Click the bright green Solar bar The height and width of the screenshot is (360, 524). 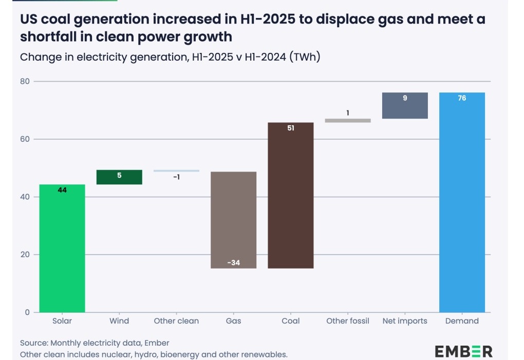point(62,248)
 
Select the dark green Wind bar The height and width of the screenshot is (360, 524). point(119,177)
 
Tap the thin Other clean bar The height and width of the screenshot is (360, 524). point(176,171)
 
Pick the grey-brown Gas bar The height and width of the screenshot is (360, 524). point(234,220)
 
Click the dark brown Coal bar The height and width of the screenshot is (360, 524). point(291,195)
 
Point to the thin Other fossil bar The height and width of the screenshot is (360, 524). point(348,121)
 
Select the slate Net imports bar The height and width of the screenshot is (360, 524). point(405,105)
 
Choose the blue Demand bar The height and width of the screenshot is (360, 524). point(462,202)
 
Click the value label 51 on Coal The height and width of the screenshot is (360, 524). point(291,128)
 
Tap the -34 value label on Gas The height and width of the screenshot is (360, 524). point(234,263)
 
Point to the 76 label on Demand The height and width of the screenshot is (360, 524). point(462,98)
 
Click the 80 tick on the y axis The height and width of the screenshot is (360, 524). point(25,81)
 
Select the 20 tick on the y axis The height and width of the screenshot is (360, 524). point(25,255)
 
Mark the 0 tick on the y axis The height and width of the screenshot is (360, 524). point(27,312)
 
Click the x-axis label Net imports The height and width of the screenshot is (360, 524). point(405,321)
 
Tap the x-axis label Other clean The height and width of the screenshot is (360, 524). point(176,321)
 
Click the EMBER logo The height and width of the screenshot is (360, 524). point(463,352)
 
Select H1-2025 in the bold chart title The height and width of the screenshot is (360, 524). point(268,20)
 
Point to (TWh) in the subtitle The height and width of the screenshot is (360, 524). point(305,57)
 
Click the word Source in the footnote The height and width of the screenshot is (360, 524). point(34,343)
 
